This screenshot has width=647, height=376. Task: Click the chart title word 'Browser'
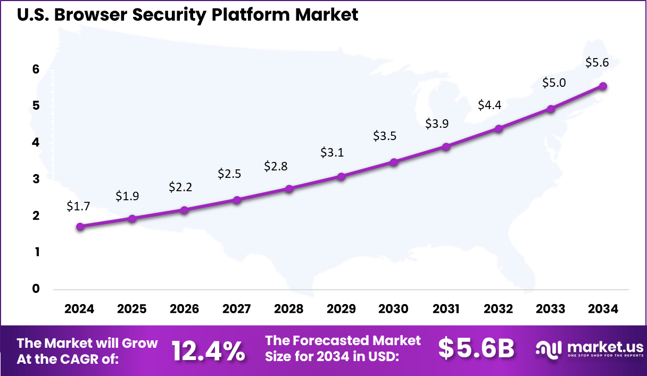coord(88,14)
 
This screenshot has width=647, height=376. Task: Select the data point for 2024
coord(80,226)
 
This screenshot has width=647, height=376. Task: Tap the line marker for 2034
coord(603,86)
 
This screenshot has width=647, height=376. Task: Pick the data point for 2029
coord(342,176)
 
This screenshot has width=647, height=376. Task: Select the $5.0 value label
coord(554,83)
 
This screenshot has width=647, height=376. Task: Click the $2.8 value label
coord(276,166)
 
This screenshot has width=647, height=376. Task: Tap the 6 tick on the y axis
coord(36,69)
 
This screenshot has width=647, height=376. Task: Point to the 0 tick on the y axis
coord(36,289)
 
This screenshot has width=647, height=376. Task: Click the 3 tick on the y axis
coord(36,179)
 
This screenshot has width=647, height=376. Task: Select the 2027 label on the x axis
coord(237,309)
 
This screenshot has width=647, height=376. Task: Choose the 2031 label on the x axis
coord(446,309)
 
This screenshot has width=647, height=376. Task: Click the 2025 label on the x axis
coord(132,309)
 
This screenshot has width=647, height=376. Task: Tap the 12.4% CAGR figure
coord(208,350)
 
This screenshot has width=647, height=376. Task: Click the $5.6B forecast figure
coord(476,349)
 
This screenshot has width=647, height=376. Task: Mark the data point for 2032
coord(499,128)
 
